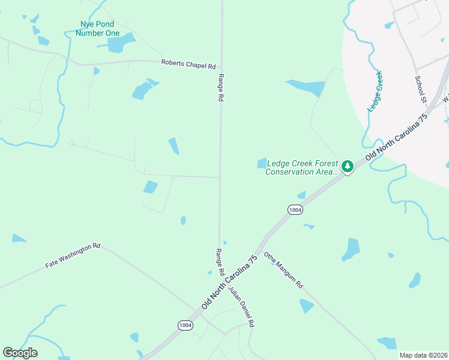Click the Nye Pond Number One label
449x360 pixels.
click(x=97, y=29)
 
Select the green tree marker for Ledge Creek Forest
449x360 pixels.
click(x=348, y=166)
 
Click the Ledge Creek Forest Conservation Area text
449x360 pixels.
click(x=302, y=167)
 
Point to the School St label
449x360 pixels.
click(x=420, y=88)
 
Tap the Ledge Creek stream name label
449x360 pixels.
click(x=376, y=91)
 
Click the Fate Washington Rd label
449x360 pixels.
click(x=73, y=256)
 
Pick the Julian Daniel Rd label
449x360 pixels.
click(x=241, y=307)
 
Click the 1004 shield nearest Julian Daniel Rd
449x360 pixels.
click(x=185, y=325)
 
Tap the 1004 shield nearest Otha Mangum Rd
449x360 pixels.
click(x=295, y=209)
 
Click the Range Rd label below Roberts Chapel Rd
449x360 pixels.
click(x=221, y=88)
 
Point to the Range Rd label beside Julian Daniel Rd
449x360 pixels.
click(x=220, y=262)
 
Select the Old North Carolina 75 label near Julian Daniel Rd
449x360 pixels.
click(x=229, y=281)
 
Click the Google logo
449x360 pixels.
click(x=20, y=353)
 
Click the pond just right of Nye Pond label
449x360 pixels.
click(x=122, y=42)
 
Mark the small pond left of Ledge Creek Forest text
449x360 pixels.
click(x=262, y=163)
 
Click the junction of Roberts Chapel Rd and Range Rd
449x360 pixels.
click(x=221, y=68)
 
